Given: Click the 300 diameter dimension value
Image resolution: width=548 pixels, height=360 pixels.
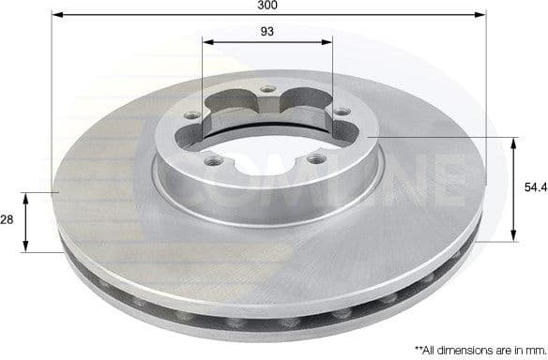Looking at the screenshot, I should pyautogui.click(x=269, y=6).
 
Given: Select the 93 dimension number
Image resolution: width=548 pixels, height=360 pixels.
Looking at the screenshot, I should pyautogui.click(x=268, y=33).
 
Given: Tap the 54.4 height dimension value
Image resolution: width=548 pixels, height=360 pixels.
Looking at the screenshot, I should pyautogui.click(x=535, y=188).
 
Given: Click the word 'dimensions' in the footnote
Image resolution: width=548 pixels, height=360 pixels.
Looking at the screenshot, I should pyautogui.click(x=460, y=348).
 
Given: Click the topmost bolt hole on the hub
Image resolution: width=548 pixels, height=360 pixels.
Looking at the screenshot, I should pyautogui.click(x=269, y=90).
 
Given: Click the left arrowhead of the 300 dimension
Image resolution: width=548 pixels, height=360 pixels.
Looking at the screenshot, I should pyautogui.click(x=55, y=16).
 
